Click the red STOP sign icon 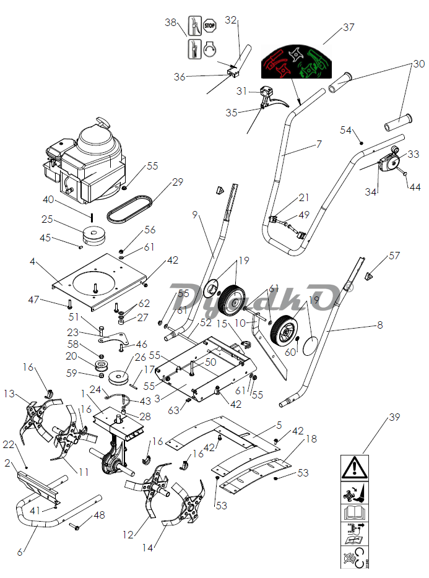pos(209,26)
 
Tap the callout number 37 pos(349,27)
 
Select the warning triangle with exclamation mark pos(354,468)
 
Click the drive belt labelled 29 pos(129,209)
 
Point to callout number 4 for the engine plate pos(32,262)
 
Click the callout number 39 pos(394,417)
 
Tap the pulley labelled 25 pos(94,235)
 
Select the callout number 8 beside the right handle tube pos(379,325)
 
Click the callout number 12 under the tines pos(128,535)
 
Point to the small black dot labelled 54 pos(362,143)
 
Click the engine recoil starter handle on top pos(103,123)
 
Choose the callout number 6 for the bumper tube pos(20,552)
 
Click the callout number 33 pos(413,153)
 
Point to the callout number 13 pos(9,394)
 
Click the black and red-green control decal pos(296,61)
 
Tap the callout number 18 pos(311,439)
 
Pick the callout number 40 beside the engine pos(48,200)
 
